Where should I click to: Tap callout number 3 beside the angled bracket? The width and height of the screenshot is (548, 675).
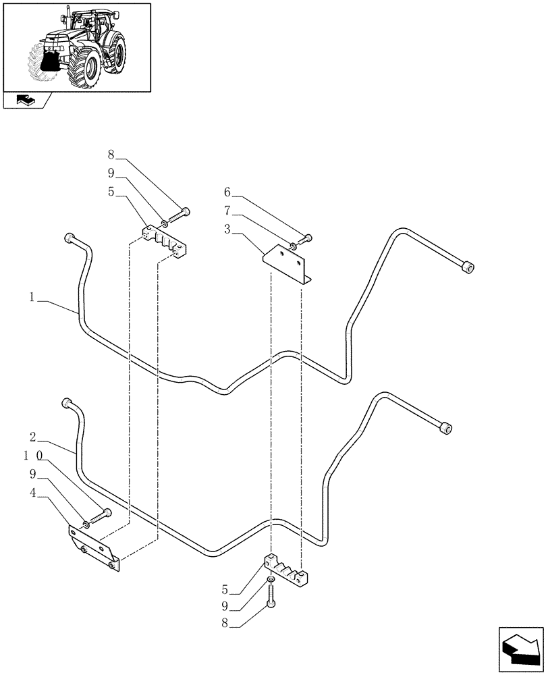pos(229,230)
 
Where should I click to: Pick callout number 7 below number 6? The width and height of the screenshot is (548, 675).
pos(229,211)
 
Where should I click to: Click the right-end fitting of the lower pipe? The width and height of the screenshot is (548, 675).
pos(445,428)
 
